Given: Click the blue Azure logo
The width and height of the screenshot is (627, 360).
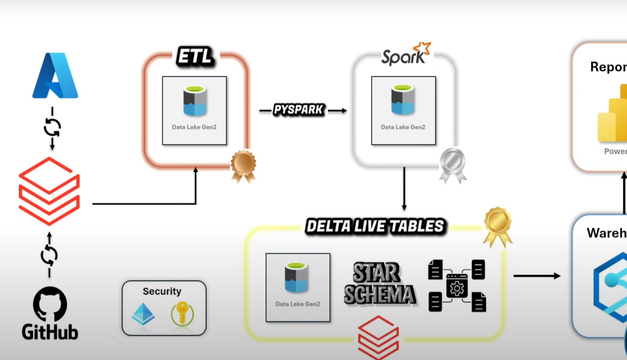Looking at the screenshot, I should pos(55,76).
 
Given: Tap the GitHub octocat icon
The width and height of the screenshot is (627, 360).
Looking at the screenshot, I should pos(50,304).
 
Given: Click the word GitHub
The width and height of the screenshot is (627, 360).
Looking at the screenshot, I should pos(50,332).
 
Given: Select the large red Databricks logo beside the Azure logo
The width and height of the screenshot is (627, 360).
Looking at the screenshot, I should pos(49,191).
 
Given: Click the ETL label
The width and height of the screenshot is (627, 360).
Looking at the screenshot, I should pos(195,57).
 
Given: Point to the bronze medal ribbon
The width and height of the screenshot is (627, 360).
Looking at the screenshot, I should pos(244,165).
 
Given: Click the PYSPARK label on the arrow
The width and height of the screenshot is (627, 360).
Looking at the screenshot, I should pos(298,109).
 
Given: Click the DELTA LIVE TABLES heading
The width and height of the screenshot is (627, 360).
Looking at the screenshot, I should pos(375,226).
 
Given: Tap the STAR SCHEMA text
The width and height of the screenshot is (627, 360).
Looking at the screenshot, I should pos(379,284).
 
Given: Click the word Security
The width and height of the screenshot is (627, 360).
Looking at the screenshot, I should pos(162,291).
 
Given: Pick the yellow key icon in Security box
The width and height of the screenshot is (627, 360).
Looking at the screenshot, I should pos(182,313).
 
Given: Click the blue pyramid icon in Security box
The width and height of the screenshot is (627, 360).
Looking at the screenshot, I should pos(143,314).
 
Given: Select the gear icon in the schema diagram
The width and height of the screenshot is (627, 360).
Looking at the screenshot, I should pos(457,288).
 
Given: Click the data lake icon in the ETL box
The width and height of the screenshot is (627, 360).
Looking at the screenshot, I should pos(195,101).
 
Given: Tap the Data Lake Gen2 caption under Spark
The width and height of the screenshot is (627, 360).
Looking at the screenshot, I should pos(403,127).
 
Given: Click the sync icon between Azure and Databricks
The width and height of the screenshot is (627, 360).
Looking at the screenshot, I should pos(52,127).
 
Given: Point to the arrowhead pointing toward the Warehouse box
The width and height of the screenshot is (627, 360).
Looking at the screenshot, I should pos(557,276).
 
